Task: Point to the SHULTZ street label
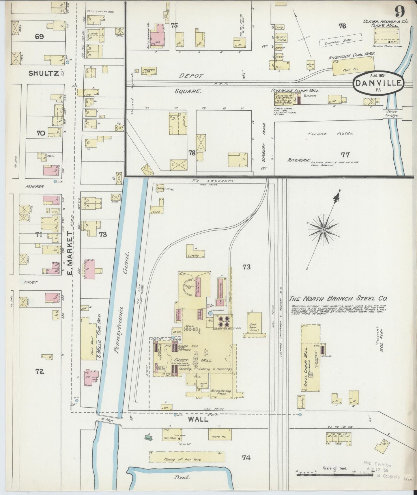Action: click(44, 73)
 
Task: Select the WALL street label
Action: click(199, 419)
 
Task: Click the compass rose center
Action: click(323, 230)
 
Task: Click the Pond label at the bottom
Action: click(181, 477)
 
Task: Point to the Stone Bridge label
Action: click(392, 113)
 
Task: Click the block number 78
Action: click(192, 153)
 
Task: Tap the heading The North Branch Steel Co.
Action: click(339, 299)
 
